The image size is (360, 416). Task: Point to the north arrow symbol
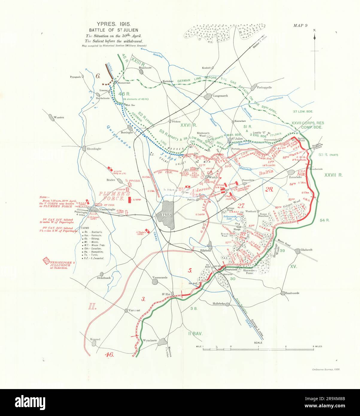click(315, 37)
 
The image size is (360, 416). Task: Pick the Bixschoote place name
click(146, 68)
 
